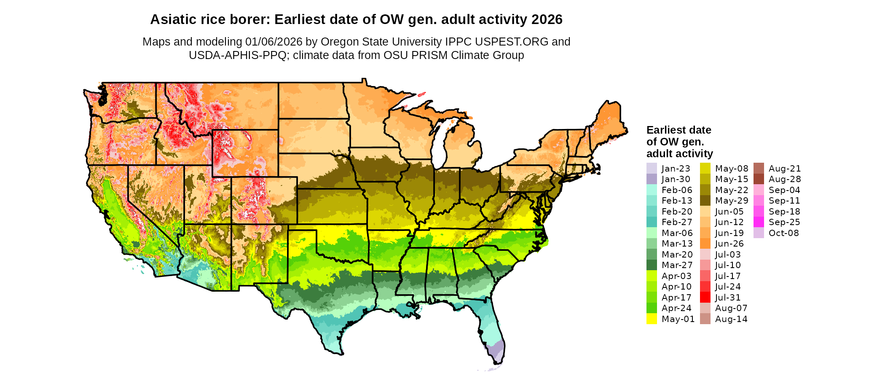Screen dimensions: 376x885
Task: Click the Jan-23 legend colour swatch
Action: click(x=652, y=169)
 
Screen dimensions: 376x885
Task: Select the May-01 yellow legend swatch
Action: click(x=652, y=319)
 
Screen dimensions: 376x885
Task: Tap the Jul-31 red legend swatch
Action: click(x=705, y=298)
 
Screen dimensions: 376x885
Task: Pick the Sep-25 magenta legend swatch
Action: click(x=759, y=222)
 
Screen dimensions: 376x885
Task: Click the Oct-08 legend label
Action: click(x=783, y=233)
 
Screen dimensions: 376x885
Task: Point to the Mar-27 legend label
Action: click(x=677, y=265)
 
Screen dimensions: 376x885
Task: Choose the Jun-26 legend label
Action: click(x=729, y=244)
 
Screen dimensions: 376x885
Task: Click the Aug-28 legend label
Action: click(x=784, y=179)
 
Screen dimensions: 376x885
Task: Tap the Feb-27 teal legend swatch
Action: click(x=652, y=222)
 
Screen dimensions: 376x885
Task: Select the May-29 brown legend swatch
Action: click(x=705, y=201)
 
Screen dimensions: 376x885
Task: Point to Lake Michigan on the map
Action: click(x=439, y=145)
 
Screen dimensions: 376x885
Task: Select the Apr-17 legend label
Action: click(x=676, y=298)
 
